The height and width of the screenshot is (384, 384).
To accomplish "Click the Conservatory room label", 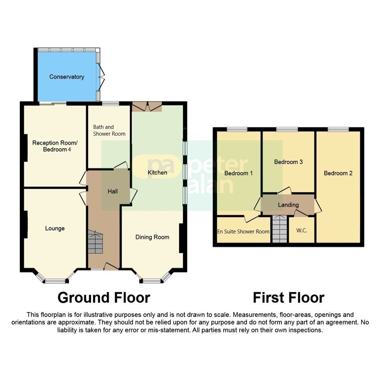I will point(66,77).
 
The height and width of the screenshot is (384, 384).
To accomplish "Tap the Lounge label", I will point(55,228).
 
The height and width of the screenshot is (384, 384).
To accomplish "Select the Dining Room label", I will point(152,237).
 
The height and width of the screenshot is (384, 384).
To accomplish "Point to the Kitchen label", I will point(157,173).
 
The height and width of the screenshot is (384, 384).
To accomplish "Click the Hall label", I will point(113,192).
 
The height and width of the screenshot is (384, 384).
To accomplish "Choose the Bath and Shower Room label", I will point(109,130).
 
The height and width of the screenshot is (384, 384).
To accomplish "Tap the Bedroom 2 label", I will point(338,173).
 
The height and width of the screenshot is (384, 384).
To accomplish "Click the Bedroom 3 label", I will point(288,162).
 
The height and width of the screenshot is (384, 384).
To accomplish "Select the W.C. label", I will point(301,230).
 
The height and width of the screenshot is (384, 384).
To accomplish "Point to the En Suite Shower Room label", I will point(243,232).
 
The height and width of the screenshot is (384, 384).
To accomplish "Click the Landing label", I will point(288,205).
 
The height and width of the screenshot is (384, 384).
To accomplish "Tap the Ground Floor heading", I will point(104,297).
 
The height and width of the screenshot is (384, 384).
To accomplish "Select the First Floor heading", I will point(288,297).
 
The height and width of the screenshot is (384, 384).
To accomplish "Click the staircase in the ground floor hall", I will point(95,242).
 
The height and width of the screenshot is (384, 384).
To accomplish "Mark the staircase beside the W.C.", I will point(279,229).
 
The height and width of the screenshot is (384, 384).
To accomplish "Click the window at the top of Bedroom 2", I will point(338,129).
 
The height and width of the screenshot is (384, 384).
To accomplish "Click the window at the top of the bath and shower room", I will point(110,103).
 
